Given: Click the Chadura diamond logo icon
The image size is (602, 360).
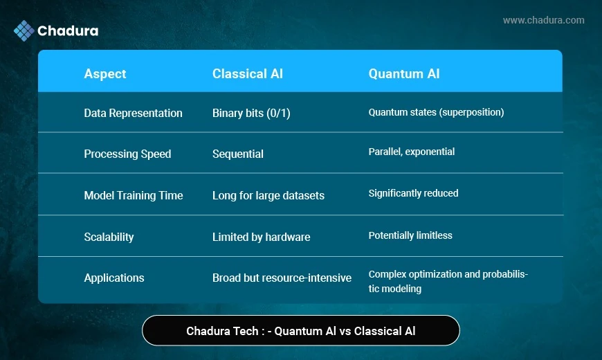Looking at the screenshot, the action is (24, 30).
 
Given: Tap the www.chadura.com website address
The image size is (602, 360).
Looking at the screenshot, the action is (544, 20).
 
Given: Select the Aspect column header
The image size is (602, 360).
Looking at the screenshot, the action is (104, 74).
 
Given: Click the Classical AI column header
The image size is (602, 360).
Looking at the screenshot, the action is (248, 73).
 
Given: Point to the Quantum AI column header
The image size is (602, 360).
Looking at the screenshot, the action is (404, 73).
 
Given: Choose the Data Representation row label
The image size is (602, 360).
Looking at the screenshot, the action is (134, 113).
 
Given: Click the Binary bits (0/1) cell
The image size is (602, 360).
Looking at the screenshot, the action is (251, 113).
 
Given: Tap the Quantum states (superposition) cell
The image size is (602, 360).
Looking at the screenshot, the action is (436, 112).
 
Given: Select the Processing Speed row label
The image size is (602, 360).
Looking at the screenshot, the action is (127, 154).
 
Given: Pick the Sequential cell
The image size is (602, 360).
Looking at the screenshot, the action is (238, 154).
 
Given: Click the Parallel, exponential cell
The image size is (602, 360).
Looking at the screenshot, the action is (412, 152).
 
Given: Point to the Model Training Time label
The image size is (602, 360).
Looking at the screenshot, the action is (134, 195).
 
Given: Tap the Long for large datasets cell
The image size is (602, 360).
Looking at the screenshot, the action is (268, 195).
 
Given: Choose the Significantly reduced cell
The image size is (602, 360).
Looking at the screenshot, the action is (414, 193).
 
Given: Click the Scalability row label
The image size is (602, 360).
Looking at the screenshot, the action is (109, 237).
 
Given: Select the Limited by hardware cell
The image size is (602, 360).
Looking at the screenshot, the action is (261, 237).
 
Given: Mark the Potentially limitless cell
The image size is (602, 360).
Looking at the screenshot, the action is (410, 235).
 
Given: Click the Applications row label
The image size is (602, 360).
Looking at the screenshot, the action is (114, 278).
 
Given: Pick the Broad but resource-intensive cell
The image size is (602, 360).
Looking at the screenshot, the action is (282, 278).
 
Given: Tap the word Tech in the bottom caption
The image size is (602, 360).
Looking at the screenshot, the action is (246, 331).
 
